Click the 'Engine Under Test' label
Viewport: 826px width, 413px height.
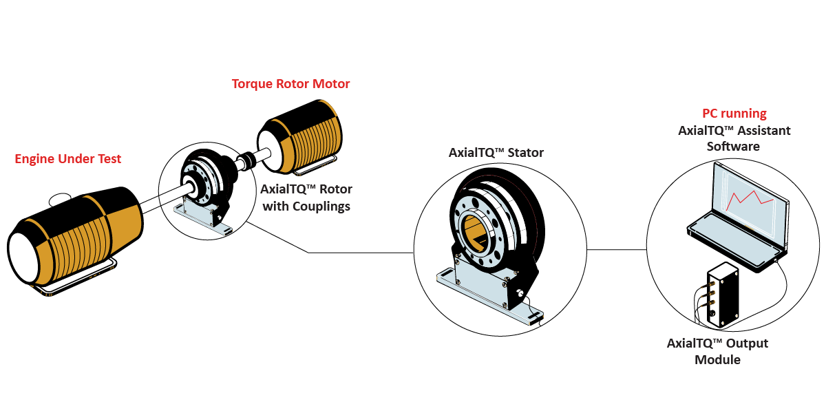click(x=67, y=160)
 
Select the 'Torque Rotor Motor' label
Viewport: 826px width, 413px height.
click(x=290, y=84)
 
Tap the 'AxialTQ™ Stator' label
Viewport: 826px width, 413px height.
click(x=496, y=153)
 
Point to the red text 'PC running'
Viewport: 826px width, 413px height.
click(x=734, y=114)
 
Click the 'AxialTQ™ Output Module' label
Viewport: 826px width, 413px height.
click(x=717, y=351)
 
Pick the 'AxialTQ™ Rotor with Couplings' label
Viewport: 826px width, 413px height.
click(x=306, y=198)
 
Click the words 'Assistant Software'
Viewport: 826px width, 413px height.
click(x=734, y=138)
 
